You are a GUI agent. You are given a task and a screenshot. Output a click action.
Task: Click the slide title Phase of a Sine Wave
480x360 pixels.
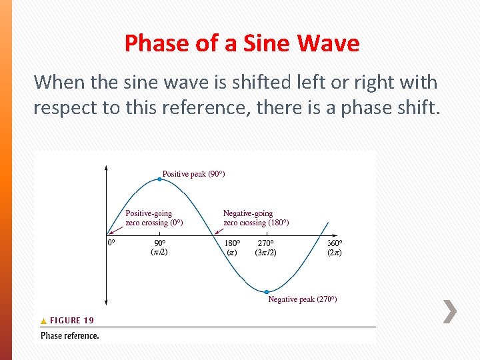241,44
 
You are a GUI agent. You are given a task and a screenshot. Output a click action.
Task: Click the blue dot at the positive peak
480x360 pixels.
160,179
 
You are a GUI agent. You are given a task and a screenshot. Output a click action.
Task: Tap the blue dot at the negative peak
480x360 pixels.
267,291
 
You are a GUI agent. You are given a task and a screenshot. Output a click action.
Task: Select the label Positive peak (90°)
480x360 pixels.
193,174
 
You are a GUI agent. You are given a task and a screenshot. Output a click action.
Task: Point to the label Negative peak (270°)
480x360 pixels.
302,299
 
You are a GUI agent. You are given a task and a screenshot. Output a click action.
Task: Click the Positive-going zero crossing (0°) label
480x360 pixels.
154,218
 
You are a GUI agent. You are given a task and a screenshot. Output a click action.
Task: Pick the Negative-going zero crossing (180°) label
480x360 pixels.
256,218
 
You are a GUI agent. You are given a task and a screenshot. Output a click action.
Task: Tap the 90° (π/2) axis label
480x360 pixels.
160,247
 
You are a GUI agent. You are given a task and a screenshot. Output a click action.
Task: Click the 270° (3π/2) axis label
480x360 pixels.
266,247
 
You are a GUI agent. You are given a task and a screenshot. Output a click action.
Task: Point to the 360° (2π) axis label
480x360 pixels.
335,247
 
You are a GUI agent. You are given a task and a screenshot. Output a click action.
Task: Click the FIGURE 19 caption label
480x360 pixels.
72,321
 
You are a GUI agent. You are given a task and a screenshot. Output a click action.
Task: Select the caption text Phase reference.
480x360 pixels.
70,335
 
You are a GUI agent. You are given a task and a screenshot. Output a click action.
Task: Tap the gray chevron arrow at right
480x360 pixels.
450,311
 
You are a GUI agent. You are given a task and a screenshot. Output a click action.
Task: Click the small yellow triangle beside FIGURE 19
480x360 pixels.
44,321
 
